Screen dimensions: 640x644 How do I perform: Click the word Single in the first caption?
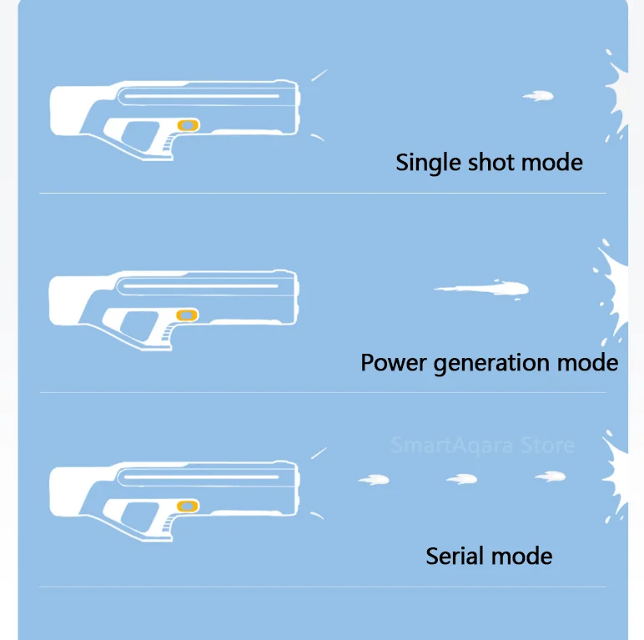tap(426, 162)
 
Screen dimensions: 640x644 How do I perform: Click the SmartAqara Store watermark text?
tap(483, 445)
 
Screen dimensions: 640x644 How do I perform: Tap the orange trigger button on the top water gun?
tap(189, 125)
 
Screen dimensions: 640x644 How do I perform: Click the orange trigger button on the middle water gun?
tap(189, 315)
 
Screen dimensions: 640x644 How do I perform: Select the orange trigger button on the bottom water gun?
tap(189, 506)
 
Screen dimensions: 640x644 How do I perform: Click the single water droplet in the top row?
tap(539, 97)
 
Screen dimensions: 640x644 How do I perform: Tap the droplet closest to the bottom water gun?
tap(375, 480)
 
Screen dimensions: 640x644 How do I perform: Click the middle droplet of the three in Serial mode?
tap(461, 479)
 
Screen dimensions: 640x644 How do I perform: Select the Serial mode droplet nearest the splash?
tap(551, 476)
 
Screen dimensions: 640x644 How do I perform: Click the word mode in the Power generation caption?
tap(586, 363)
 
